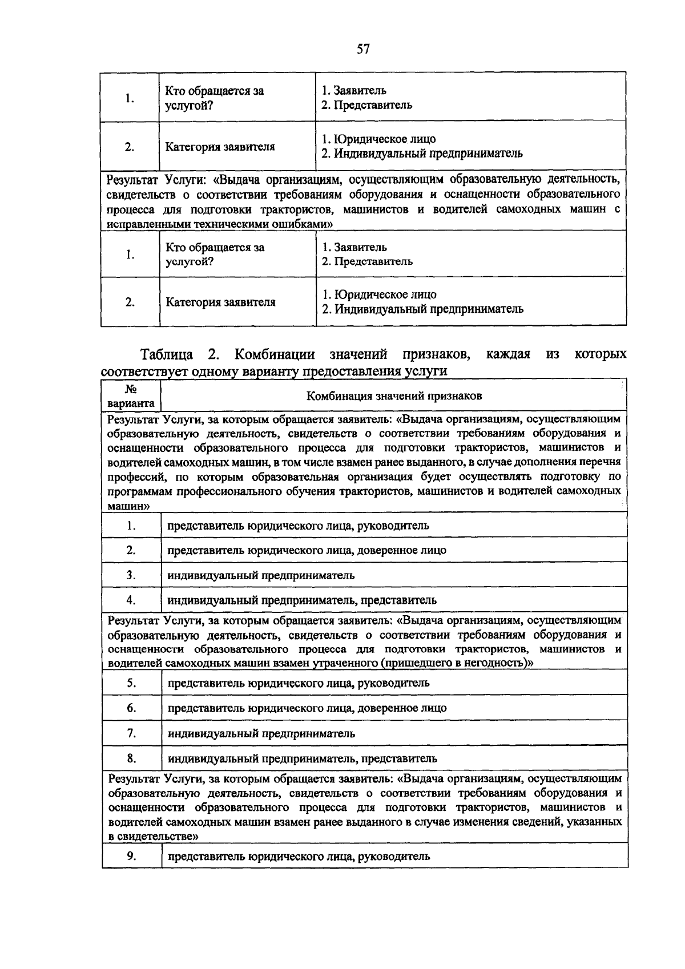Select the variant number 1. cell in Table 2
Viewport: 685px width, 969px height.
tap(131, 526)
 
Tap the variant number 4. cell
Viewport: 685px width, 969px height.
tap(131, 600)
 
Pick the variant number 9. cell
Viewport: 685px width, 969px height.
tap(131, 856)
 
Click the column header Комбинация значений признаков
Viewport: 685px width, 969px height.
tap(394, 395)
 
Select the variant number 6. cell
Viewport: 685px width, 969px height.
tap(131, 708)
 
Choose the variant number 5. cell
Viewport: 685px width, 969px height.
tap(131, 683)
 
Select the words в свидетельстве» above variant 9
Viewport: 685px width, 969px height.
tap(154, 837)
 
